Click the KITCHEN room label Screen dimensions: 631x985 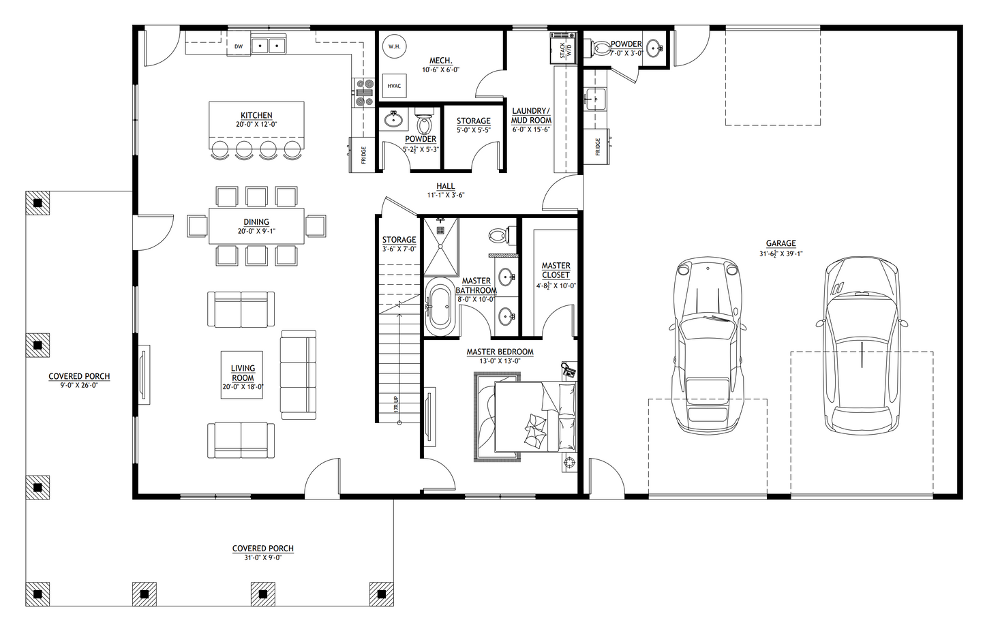[256, 116]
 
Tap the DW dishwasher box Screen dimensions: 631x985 [238, 46]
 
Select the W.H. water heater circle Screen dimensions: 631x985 [394, 46]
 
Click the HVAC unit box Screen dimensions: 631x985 [394, 86]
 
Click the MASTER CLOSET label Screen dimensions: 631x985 [556, 271]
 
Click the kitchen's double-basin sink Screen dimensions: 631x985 [269, 46]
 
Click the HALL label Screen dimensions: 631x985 [445, 186]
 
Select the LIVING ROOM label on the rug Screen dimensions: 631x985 [243, 373]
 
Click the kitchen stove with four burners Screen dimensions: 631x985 [363, 93]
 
